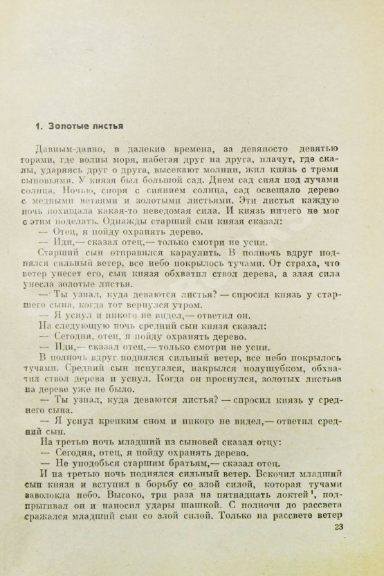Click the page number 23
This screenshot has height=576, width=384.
coord(338,528)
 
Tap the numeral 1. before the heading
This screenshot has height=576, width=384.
coord(41,126)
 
